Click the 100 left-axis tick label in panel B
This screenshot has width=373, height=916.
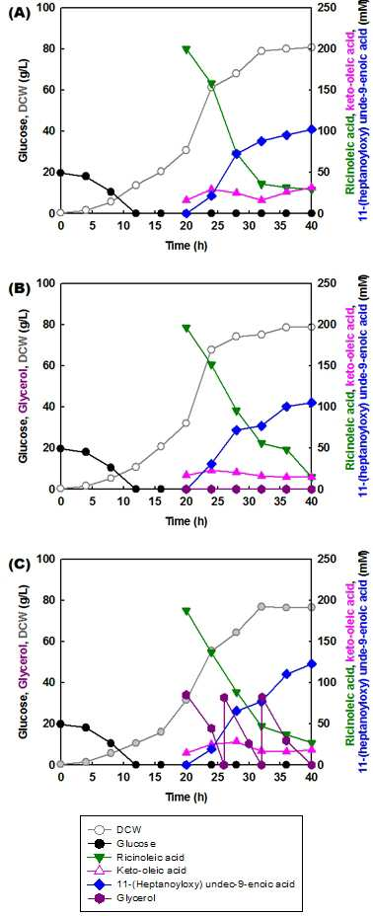pos(47,283)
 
